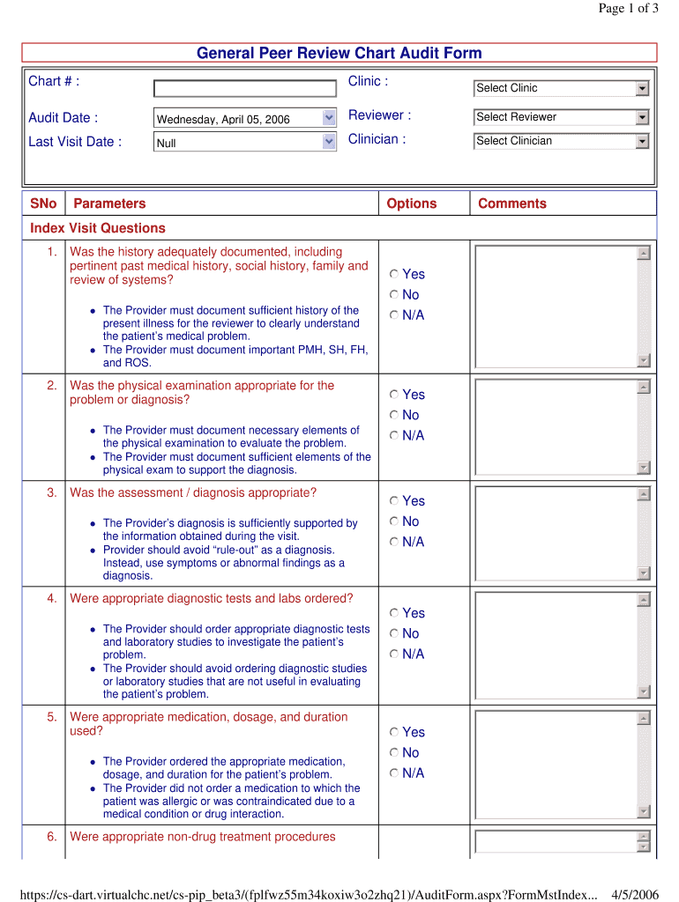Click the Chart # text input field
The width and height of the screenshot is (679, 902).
coord(244,88)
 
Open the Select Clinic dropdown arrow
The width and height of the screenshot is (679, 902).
coord(642,88)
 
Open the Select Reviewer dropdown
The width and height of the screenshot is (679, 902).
coord(562,117)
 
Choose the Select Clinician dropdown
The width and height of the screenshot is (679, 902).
coord(562,141)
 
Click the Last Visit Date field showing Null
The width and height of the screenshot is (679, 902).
coord(244,142)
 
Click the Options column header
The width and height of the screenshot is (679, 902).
coord(412,203)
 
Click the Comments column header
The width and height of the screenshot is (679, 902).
coord(511,203)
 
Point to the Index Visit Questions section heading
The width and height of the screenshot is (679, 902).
coord(98,228)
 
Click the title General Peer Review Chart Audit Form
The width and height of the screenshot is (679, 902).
coord(339,54)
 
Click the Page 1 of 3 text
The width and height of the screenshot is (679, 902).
coord(628,9)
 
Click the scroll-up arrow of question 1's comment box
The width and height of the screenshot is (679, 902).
coord(644,254)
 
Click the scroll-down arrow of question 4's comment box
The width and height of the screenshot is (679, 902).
coord(644,691)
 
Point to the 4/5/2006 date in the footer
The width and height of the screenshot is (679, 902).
coord(635,895)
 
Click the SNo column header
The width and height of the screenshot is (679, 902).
coord(43,203)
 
